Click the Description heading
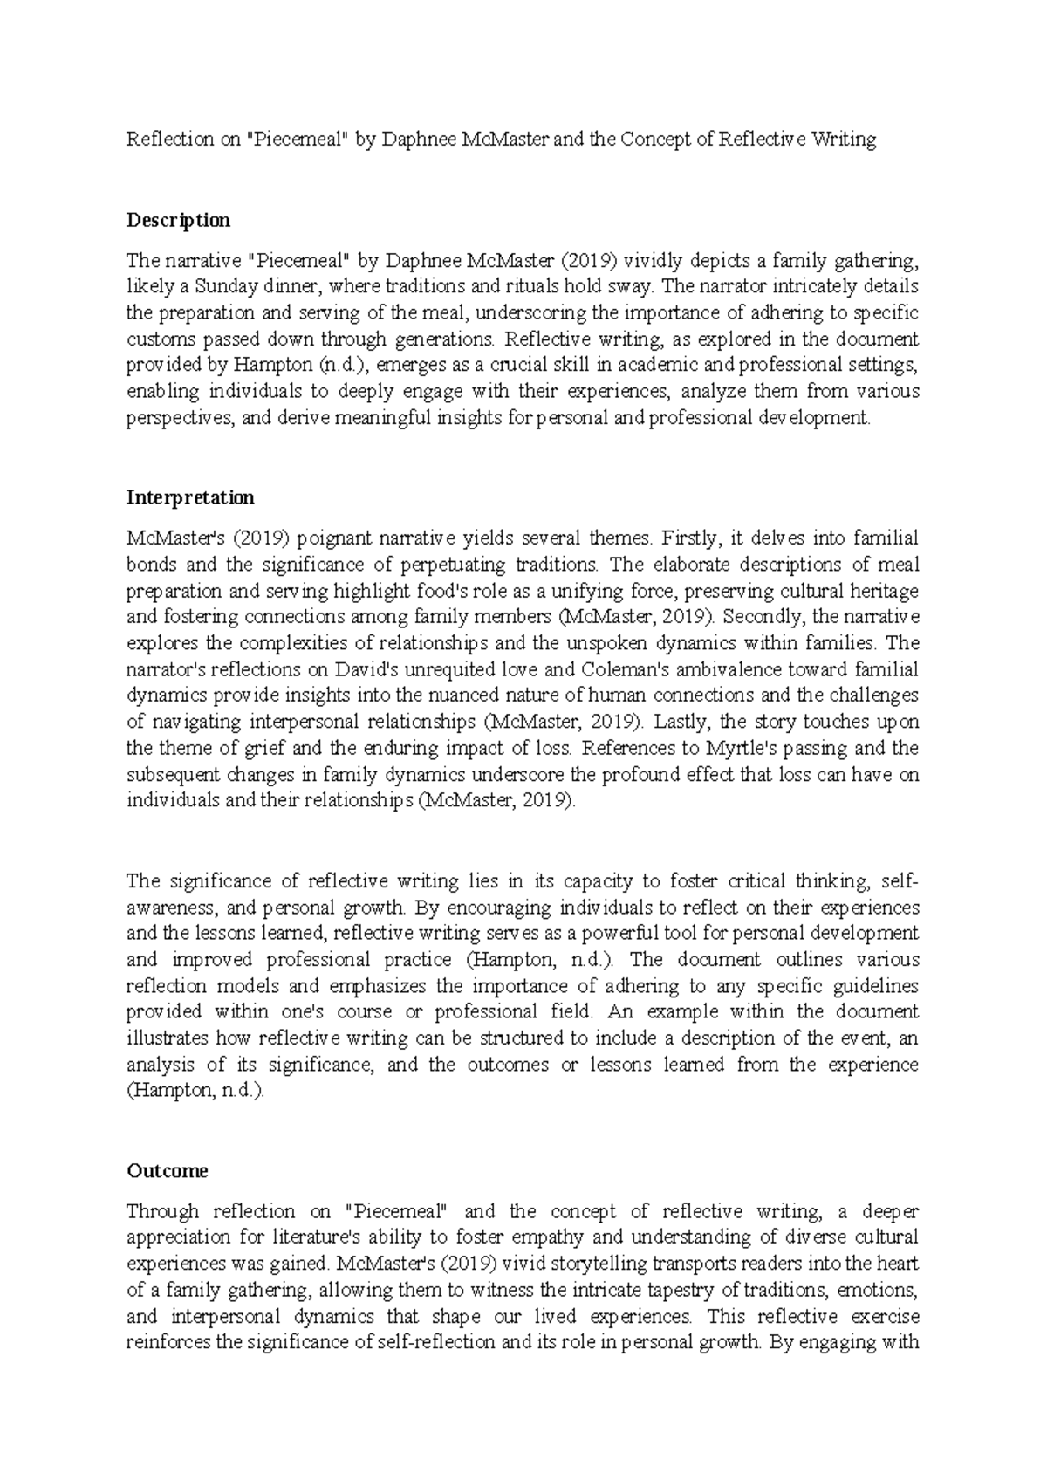(178, 220)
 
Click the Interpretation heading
(190, 497)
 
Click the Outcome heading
(167, 1171)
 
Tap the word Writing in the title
(844, 140)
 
